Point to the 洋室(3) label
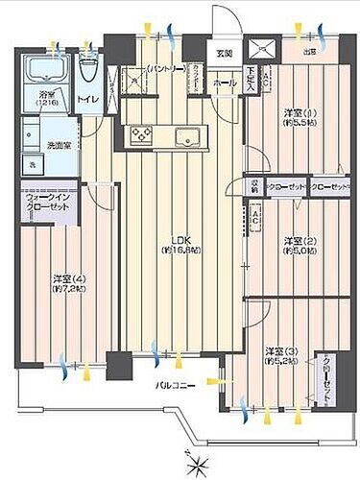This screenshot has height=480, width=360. pyautogui.click(x=281, y=356)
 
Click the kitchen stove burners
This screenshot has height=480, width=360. pyautogui.click(x=140, y=133)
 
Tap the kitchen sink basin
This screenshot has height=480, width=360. pyautogui.click(x=184, y=133)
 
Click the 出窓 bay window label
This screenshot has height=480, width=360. pyautogui.click(x=309, y=52)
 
